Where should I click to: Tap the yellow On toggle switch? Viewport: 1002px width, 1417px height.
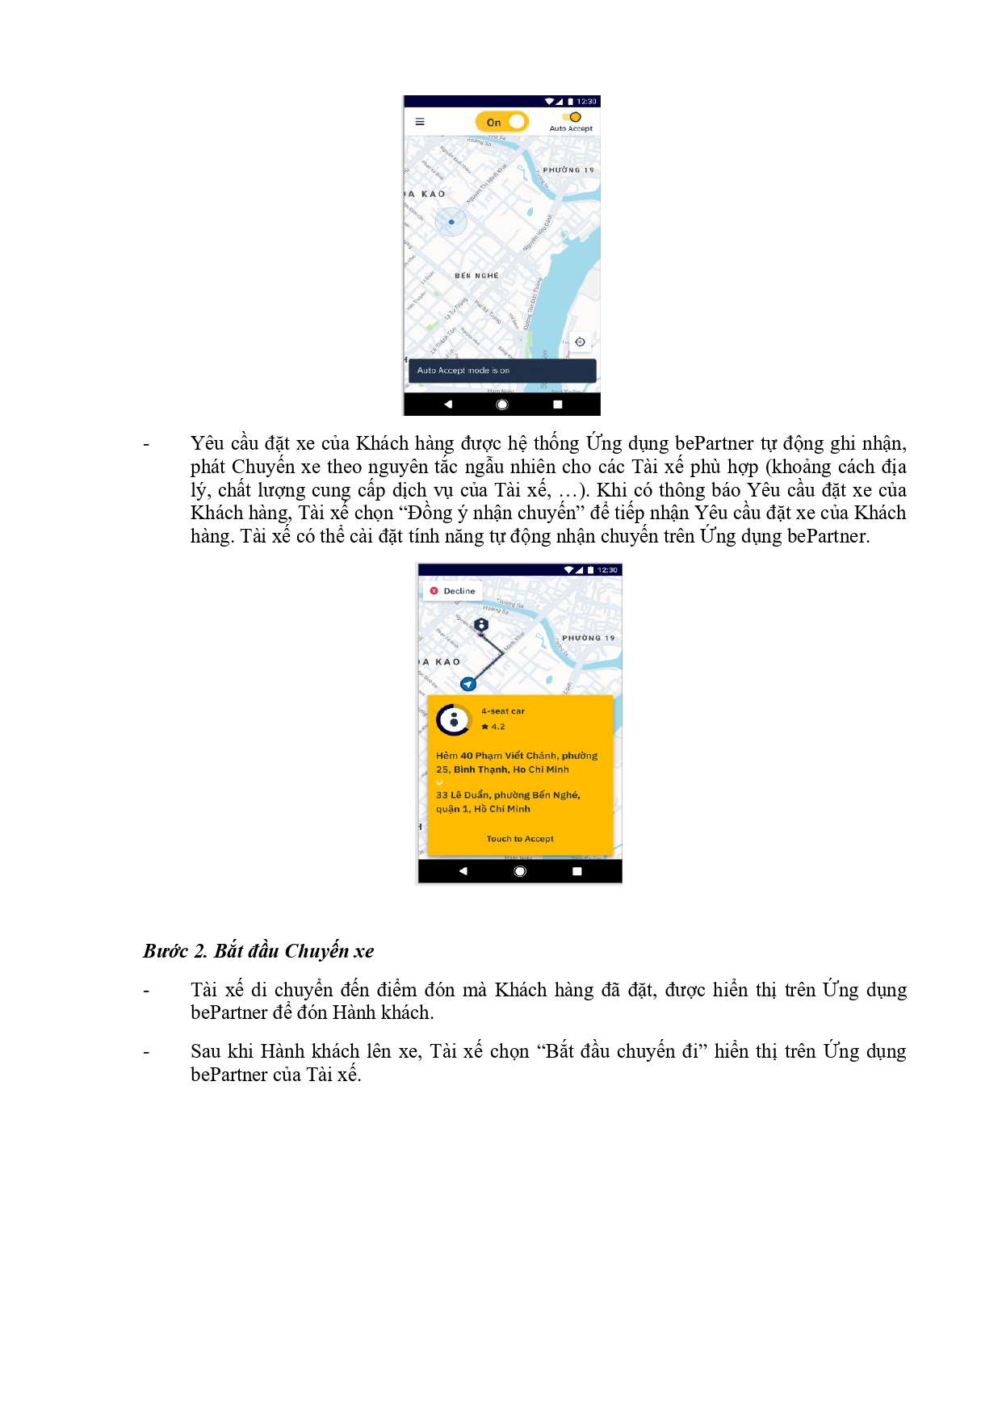[x=501, y=122]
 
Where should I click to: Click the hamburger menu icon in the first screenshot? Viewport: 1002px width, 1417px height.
[x=420, y=122]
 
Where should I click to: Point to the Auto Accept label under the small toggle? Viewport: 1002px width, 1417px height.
[x=571, y=128]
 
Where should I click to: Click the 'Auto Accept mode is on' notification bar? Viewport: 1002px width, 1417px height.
[x=502, y=371]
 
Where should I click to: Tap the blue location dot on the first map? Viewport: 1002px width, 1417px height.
[x=451, y=221]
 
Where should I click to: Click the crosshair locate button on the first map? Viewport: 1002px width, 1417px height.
[x=580, y=342]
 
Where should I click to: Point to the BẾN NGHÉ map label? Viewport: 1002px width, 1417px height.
[x=476, y=276]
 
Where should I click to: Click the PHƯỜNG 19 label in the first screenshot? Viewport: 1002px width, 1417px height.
[x=568, y=170]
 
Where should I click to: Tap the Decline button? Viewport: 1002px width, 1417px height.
[x=453, y=591]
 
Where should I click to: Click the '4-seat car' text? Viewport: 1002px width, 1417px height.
[x=503, y=711]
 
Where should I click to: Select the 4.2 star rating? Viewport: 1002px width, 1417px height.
[x=494, y=727]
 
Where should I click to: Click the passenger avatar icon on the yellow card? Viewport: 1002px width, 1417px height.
[x=454, y=719]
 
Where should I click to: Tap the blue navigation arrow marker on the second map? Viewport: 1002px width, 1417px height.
[x=468, y=684]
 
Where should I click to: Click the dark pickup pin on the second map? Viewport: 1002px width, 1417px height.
[x=481, y=626]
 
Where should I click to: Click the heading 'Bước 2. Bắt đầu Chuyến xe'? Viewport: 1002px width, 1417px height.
[x=258, y=951]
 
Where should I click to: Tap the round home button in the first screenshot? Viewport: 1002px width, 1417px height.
[x=502, y=405]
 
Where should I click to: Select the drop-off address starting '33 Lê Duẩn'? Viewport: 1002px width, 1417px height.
[x=508, y=802]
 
